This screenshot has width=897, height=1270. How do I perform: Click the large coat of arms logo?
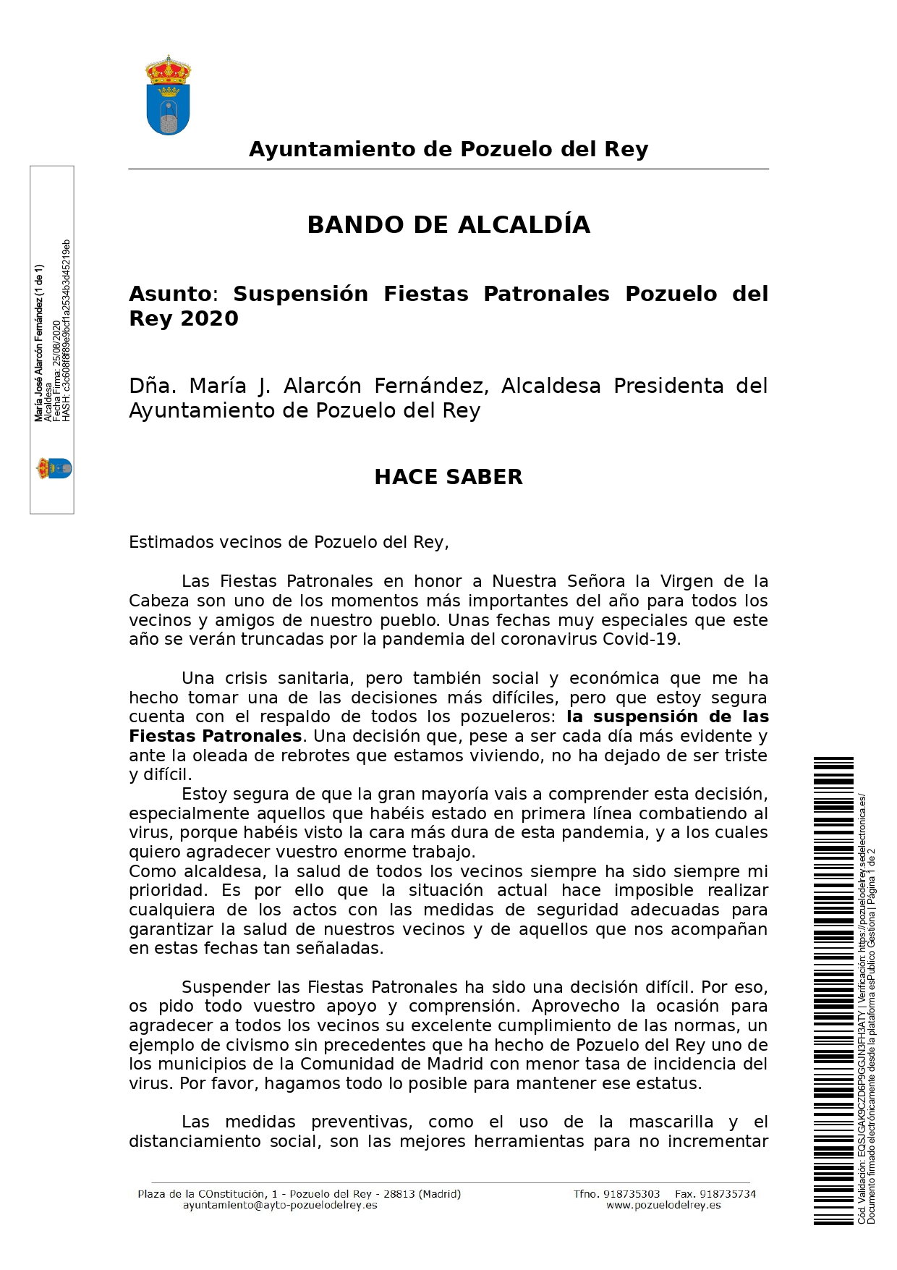pyautogui.click(x=168, y=96)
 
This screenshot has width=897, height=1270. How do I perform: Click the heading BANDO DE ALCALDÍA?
pyautogui.click(x=448, y=225)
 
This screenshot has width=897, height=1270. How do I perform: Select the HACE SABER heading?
pyautogui.click(x=448, y=477)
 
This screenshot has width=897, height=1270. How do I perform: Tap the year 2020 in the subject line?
pyautogui.click(x=210, y=318)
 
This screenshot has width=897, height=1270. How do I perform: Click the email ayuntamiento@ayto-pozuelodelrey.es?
pyautogui.click(x=280, y=1206)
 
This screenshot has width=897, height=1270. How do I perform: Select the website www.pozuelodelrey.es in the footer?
pyautogui.click(x=663, y=1206)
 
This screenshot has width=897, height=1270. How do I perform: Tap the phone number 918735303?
pyautogui.click(x=631, y=1194)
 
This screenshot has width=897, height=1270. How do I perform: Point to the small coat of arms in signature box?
pyautogui.click(x=54, y=468)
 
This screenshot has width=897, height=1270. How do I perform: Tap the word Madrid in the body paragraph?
pyautogui.click(x=454, y=1064)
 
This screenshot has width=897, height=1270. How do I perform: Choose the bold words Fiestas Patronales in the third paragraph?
pyautogui.click(x=215, y=737)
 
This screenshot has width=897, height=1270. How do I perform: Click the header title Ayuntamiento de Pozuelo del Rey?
pyautogui.click(x=448, y=149)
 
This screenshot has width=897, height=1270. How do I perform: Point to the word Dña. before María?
pyautogui.click(x=152, y=386)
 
